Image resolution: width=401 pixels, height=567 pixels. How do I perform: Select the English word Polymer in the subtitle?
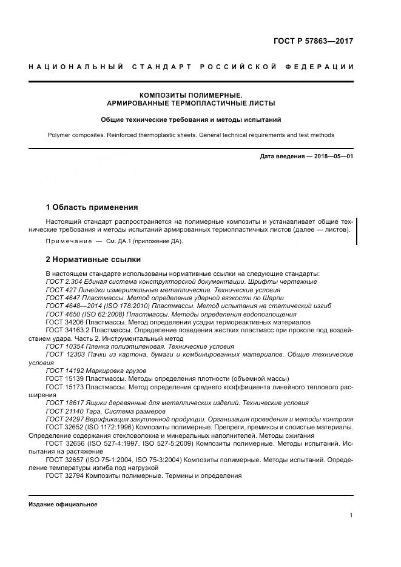61,135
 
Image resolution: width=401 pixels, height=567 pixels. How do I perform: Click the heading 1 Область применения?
92,207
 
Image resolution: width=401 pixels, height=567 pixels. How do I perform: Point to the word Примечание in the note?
67,241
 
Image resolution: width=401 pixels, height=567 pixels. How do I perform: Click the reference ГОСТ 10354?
64,346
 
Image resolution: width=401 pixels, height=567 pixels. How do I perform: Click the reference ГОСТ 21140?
64,411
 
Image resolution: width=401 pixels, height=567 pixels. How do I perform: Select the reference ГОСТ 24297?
64,419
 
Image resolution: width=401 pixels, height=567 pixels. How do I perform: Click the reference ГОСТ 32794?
64,475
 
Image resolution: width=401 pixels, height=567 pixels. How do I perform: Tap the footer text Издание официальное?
63,505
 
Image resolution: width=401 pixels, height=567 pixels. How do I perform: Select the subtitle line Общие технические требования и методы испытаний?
190,120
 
